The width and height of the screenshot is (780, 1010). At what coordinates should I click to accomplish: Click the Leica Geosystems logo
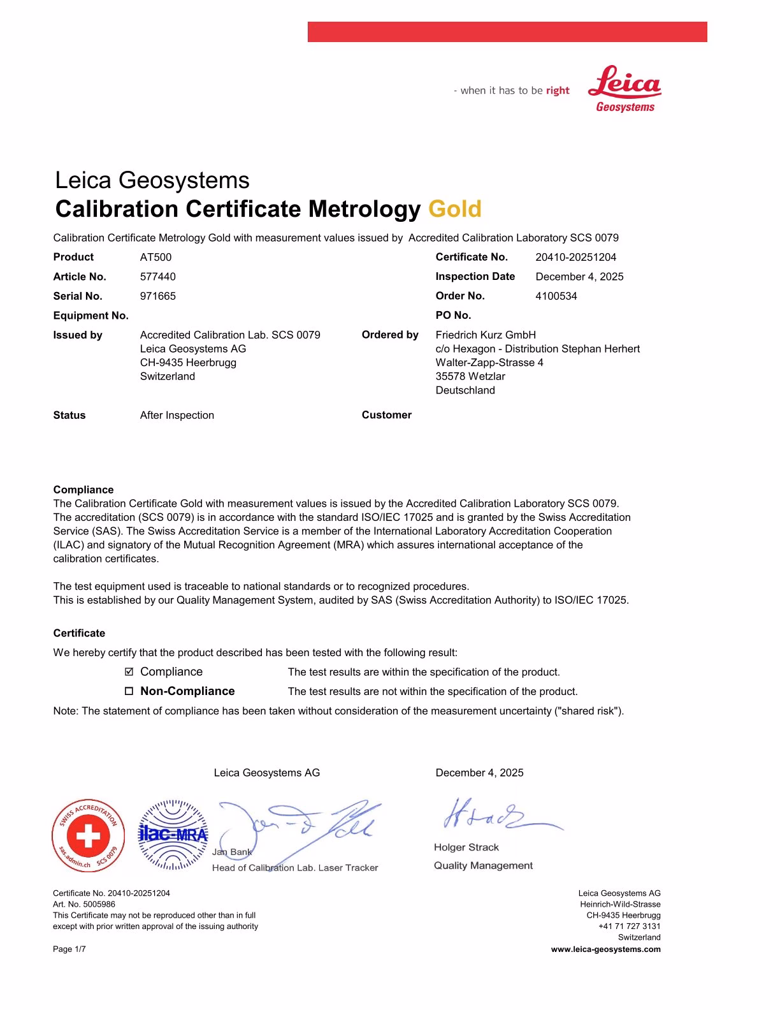click(x=625, y=89)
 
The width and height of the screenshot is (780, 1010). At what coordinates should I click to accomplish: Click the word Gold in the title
click(x=455, y=209)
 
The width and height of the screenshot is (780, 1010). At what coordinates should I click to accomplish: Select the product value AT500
click(x=155, y=258)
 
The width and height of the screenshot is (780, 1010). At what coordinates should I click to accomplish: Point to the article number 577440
click(x=158, y=277)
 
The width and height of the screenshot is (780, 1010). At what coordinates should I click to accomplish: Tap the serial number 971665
click(x=158, y=296)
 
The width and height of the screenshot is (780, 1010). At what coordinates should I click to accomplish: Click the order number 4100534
click(x=556, y=296)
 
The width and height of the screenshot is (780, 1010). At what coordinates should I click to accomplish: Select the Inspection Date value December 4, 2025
click(x=579, y=277)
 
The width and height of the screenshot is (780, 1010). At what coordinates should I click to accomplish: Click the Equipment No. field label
click(x=90, y=316)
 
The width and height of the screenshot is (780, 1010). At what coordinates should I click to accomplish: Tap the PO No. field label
click(x=453, y=316)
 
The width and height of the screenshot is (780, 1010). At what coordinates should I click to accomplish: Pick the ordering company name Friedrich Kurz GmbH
click(x=486, y=335)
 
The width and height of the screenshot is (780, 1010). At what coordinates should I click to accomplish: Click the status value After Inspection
click(x=177, y=416)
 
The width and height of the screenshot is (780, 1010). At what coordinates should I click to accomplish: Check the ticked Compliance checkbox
click(x=129, y=672)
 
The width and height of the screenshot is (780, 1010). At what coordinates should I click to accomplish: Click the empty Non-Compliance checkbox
click(x=129, y=691)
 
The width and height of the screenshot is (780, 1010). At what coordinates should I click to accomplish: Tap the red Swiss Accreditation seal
click(x=88, y=836)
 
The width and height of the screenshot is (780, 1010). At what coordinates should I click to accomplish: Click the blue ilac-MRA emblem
click(x=173, y=835)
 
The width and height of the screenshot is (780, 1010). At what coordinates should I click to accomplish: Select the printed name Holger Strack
click(x=466, y=847)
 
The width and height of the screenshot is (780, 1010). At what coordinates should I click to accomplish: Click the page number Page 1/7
click(x=69, y=949)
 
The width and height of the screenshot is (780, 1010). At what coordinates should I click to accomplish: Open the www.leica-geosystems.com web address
click(x=605, y=949)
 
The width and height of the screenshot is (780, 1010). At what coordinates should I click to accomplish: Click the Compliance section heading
click(x=83, y=490)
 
